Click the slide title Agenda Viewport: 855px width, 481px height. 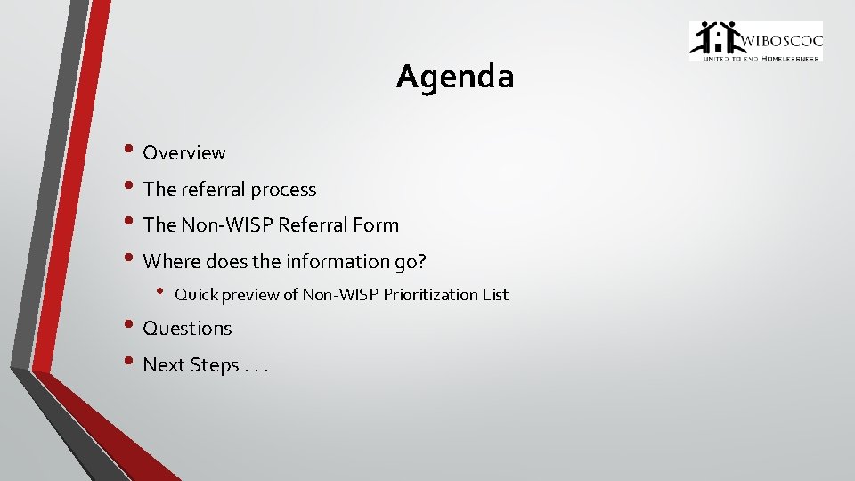(455, 77)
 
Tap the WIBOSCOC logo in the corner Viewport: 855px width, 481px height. (755, 41)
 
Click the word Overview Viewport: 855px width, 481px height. (184, 153)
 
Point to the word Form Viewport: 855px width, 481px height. (379, 225)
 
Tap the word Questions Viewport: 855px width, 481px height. (187, 329)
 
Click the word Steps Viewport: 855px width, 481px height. (215, 365)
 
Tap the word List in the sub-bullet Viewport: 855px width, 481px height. (495, 295)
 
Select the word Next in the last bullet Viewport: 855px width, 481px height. (164, 365)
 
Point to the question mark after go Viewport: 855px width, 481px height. (423, 262)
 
